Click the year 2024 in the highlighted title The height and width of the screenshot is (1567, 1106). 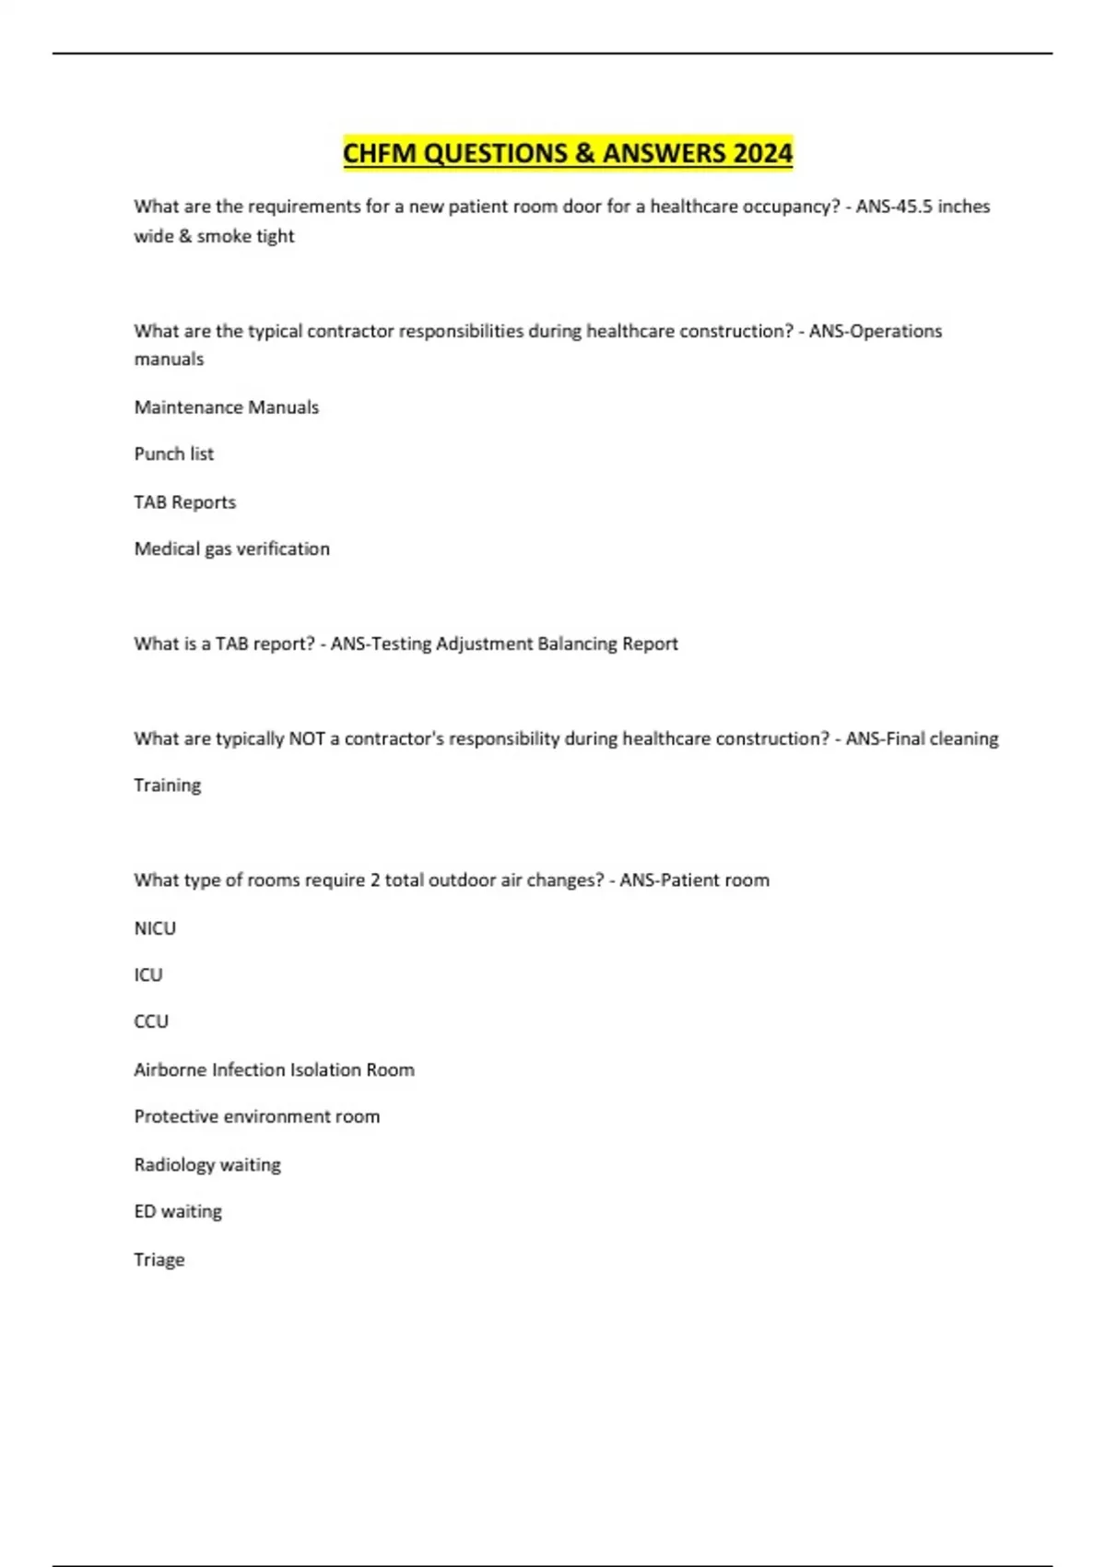pyautogui.click(x=762, y=153)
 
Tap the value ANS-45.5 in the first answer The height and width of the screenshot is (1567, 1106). pyautogui.click(x=894, y=206)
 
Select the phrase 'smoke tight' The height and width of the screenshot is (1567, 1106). pyautogui.click(x=245, y=236)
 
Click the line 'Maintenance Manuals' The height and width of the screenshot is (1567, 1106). pyautogui.click(x=227, y=407)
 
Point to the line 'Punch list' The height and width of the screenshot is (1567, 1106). pyautogui.click(x=174, y=454)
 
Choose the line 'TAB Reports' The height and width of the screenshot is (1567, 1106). pyautogui.click(x=185, y=502)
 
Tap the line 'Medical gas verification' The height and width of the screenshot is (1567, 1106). pyautogui.click(x=232, y=549)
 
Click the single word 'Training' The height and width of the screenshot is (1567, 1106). pyautogui.click(x=168, y=785)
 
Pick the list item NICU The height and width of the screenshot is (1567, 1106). pyautogui.click(x=155, y=928)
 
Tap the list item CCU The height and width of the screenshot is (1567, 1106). pyautogui.click(x=151, y=1021)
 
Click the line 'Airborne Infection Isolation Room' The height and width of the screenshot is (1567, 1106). pyautogui.click(x=275, y=1070)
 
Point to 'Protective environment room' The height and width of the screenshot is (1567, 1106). pyautogui.click(x=257, y=1117)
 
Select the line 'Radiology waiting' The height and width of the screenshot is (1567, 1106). pyautogui.click(x=207, y=1165)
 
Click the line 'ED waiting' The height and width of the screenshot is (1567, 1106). pyautogui.click(x=178, y=1212)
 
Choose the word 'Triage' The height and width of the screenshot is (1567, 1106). pyautogui.click(x=159, y=1260)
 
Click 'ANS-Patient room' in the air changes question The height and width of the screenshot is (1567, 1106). pyautogui.click(x=694, y=880)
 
